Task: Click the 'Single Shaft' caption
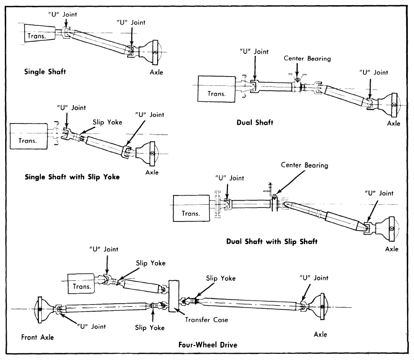(x=45, y=71)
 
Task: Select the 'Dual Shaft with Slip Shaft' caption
(x=272, y=242)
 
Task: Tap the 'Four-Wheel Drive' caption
(x=208, y=344)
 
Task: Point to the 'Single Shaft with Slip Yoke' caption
(x=72, y=177)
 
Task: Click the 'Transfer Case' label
(x=206, y=320)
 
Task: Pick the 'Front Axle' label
(x=38, y=337)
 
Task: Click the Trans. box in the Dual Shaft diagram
(x=217, y=89)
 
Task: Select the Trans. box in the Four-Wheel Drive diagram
(x=81, y=283)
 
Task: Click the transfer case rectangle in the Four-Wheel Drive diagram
(x=174, y=296)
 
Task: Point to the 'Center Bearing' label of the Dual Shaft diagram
(x=308, y=58)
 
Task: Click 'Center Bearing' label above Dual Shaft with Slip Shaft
(x=304, y=165)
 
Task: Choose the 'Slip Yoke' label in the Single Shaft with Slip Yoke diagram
(x=108, y=122)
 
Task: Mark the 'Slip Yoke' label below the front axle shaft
(x=150, y=328)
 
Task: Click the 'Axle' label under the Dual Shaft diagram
(x=394, y=124)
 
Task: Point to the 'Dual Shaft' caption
(x=255, y=123)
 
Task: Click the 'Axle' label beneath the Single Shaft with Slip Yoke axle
(x=152, y=172)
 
